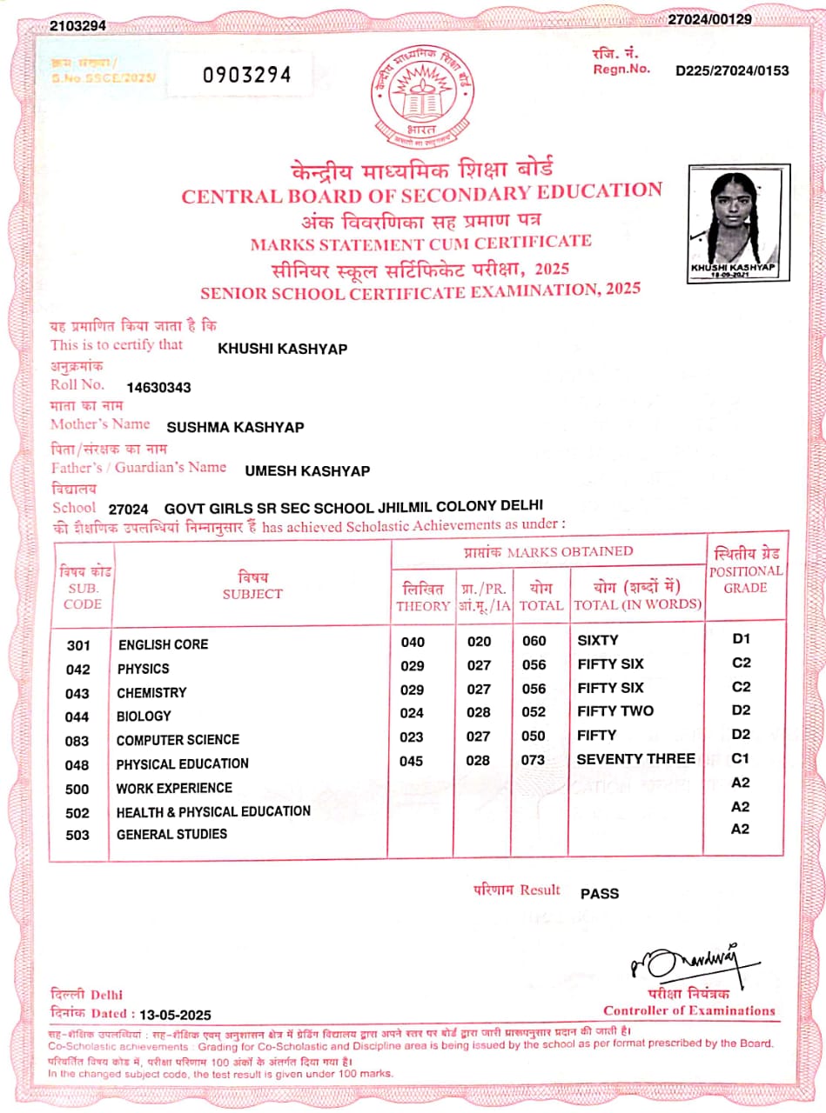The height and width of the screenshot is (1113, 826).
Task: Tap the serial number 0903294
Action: (247, 75)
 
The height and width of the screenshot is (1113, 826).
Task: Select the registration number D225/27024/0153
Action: (732, 70)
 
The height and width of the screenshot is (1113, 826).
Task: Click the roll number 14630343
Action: (158, 387)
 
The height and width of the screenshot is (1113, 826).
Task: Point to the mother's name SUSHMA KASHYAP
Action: (235, 427)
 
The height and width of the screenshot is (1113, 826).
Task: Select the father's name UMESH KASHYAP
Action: (307, 470)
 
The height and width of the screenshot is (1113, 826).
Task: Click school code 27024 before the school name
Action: (129, 509)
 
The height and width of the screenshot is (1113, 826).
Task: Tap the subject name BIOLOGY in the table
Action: (144, 716)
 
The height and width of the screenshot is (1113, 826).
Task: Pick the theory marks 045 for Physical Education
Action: (413, 761)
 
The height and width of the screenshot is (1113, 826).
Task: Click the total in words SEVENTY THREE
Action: (635, 759)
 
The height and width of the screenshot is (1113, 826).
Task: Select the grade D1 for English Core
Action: (741, 639)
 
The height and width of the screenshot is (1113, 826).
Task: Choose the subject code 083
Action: (78, 741)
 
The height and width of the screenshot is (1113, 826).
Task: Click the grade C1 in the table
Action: (741, 758)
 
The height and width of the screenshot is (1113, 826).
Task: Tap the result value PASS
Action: (600, 893)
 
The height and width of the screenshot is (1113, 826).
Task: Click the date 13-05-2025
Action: (175, 1015)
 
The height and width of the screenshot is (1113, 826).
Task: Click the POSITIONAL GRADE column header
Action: (745, 579)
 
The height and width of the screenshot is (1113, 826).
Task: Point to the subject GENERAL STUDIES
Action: (171, 834)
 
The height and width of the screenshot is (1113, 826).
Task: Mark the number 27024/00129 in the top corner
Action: (709, 19)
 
